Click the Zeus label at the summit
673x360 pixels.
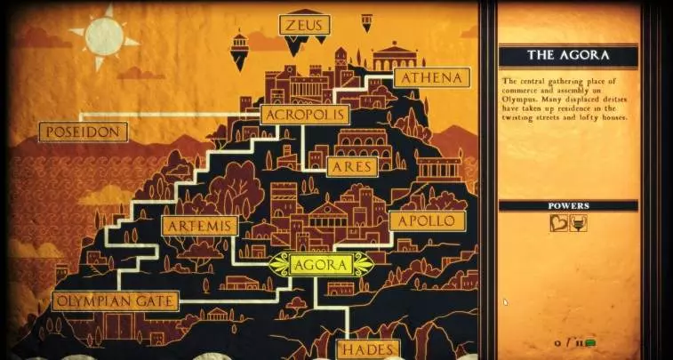(x=304, y=25)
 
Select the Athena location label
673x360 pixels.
(x=431, y=78)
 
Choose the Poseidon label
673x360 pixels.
(x=84, y=132)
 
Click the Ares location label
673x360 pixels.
(x=353, y=167)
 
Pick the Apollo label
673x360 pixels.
(x=427, y=220)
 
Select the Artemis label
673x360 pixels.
(x=200, y=226)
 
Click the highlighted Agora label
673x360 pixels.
(x=321, y=264)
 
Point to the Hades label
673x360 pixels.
(x=368, y=349)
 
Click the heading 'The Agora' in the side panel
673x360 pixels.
(x=567, y=55)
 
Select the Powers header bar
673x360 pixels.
(x=567, y=205)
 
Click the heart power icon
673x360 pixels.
(x=558, y=222)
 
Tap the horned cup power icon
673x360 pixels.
(x=578, y=222)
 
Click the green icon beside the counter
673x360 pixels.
(x=589, y=341)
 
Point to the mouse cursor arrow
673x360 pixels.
(x=505, y=302)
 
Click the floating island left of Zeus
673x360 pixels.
(x=239, y=50)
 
